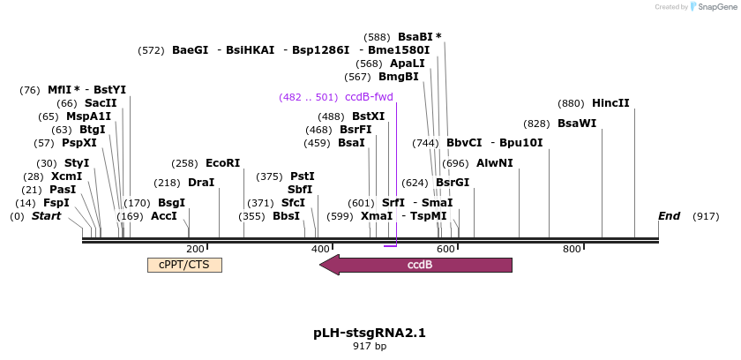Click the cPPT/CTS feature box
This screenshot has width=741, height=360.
click(184, 265)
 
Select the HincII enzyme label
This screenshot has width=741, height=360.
click(610, 102)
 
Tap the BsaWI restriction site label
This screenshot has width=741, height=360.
click(577, 124)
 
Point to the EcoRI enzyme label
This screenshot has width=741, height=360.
click(222, 163)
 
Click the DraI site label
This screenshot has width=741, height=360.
click(201, 183)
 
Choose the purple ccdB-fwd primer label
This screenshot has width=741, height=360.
click(369, 97)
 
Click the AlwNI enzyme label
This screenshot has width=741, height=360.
click(494, 163)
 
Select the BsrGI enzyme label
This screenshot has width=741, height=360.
click(453, 183)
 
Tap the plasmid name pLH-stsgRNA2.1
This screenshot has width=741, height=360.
click(370, 333)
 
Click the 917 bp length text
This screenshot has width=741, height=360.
click(370, 347)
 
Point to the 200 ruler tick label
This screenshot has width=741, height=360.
click(196, 249)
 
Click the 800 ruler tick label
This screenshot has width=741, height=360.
click(572, 249)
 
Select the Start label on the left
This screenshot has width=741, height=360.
click(47, 216)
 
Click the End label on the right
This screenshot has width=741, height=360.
click(670, 216)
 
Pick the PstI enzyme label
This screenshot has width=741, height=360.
click(302, 176)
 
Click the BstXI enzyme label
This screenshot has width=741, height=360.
click(368, 116)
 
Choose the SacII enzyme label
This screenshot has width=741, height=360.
click(101, 103)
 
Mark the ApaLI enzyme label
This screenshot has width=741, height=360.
click(407, 64)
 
